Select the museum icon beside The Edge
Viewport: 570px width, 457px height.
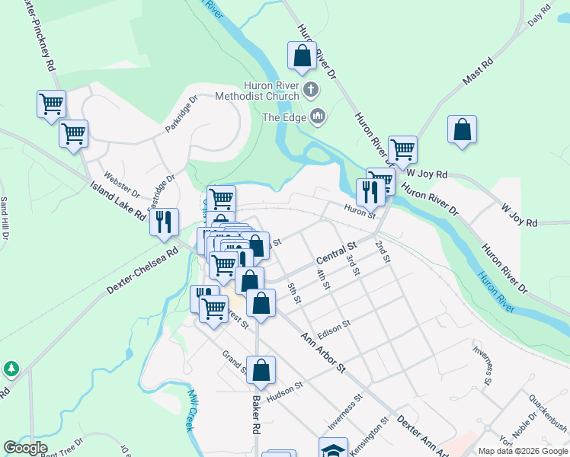(x=318, y=117)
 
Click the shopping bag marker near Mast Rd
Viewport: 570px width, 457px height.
(x=462, y=129)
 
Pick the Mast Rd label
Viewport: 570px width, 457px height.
(x=478, y=70)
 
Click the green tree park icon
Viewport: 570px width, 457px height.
(x=11, y=369)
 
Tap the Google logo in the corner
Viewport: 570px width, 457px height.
(x=25, y=448)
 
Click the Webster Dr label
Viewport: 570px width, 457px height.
(x=122, y=184)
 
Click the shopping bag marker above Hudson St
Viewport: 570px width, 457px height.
(x=261, y=370)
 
